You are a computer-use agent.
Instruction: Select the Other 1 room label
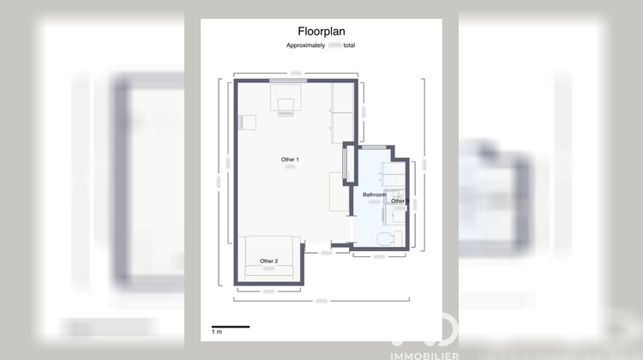[290, 160]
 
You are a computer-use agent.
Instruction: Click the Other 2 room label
[269, 261]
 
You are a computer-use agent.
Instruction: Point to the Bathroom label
[375, 195]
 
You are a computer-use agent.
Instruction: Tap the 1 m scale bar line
[230, 326]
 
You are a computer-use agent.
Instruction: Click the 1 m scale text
[217, 332]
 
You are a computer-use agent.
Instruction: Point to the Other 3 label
[398, 201]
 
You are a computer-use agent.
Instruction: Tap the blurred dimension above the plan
[295, 72]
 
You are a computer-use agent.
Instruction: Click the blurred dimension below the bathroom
[378, 256]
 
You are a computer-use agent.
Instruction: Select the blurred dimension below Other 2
[269, 291]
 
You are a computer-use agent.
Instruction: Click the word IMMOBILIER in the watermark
[424, 355]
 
